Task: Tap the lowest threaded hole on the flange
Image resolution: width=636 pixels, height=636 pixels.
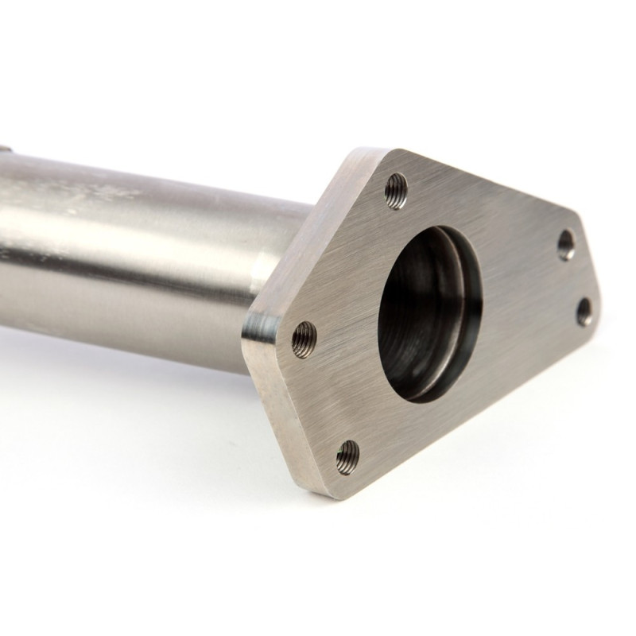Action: (347, 456)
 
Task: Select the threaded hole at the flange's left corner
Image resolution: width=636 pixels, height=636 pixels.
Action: (304, 339)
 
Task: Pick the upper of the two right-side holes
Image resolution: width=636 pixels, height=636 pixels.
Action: (566, 246)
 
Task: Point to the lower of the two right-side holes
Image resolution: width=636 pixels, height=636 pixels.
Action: (584, 311)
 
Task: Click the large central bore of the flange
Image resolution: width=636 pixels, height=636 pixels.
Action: (425, 310)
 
